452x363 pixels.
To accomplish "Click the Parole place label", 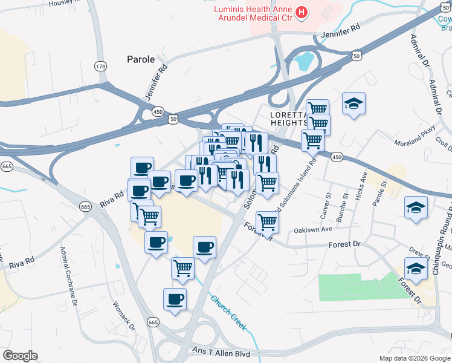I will coord(140,60).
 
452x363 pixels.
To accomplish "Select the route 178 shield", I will coord(100,65).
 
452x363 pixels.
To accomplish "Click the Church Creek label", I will coord(228,312).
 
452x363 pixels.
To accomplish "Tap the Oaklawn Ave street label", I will coord(314,230).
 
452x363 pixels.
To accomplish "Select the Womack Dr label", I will coord(122,312).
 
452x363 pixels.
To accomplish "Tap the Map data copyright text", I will coord(415,358).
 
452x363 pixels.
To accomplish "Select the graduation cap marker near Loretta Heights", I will coord(354,103).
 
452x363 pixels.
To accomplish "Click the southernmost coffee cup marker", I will coord(175,299).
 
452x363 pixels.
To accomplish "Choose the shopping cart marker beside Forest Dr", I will coord(267,221).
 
